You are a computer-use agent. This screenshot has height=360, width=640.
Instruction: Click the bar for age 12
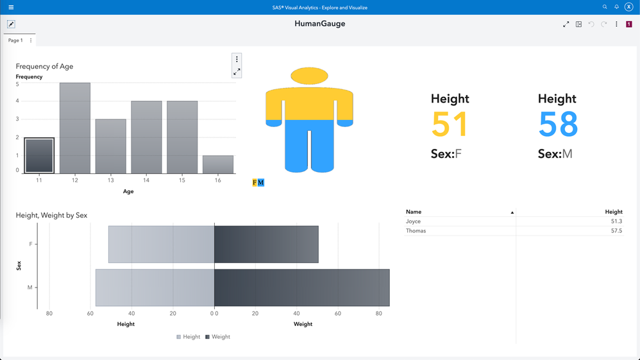pyautogui.click(x=75, y=128)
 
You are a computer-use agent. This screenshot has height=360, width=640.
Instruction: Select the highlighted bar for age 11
pyautogui.click(x=39, y=155)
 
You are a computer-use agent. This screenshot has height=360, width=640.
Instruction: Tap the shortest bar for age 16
pyautogui.click(x=218, y=164)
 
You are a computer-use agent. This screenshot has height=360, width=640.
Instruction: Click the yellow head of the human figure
pyautogui.click(x=309, y=76)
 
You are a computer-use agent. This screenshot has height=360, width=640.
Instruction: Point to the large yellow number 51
pyautogui.click(x=450, y=124)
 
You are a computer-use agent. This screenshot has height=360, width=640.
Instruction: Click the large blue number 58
pyautogui.click(x=558, y=124)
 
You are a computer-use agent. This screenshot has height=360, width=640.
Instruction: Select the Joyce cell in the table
pyautogui.click(x=414, y=221)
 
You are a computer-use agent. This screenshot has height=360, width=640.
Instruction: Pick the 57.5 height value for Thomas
pyautogui.click(x=616, y=231)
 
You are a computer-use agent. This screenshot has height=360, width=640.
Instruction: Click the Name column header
pyautogui.click(x=414, y=212)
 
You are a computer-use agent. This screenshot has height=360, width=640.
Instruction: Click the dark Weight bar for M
pyautogui.click(x=301, y=287)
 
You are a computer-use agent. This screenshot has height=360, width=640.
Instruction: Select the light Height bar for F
pyautogui.click(x=161, y=244)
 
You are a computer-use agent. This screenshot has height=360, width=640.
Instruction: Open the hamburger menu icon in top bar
pyautogui.click(x=11, y=8)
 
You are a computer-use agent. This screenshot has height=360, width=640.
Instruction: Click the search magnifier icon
pyautogui.click(x=605, y=7)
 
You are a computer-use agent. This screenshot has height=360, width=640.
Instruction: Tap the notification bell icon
pyautogui.click(x=617, y=7)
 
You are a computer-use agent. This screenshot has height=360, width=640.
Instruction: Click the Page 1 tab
pyautogui.click(x=15, y=40)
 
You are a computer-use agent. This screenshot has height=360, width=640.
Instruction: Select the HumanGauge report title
pyautogui.click(x=319, y=24)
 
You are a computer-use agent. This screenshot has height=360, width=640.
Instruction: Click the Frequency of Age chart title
pyautogui.click(x=44, y=67)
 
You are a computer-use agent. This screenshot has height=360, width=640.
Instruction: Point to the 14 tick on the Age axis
pyautogui.click(x=146, y=180)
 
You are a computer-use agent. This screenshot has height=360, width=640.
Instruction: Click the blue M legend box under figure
pyautogui.click(x=261, y=183)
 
